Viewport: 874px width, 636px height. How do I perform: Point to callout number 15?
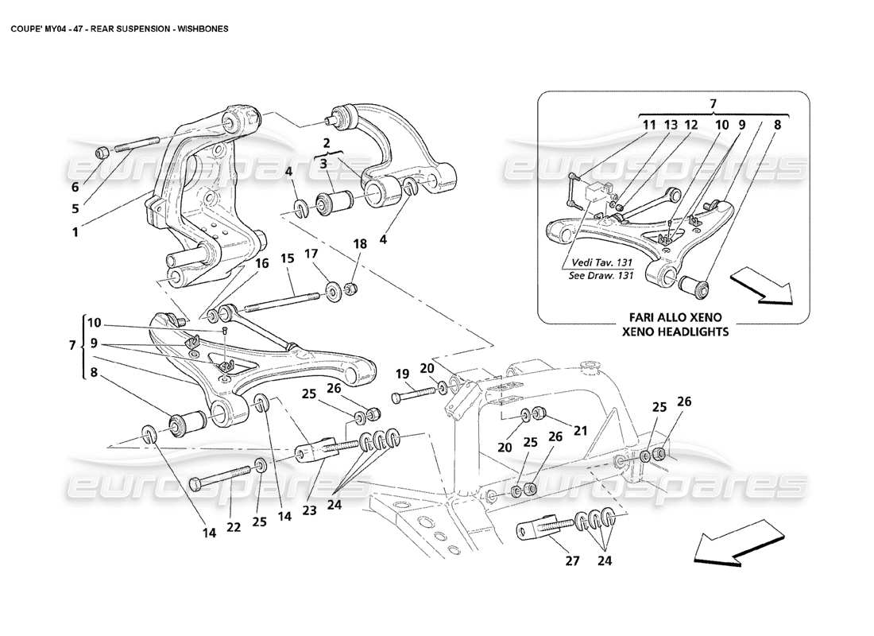287,258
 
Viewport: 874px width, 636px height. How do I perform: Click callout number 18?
361,245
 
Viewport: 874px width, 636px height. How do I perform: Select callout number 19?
402,373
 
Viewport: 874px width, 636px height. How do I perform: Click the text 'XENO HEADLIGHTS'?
675,332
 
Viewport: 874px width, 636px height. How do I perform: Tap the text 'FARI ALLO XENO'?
675,316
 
